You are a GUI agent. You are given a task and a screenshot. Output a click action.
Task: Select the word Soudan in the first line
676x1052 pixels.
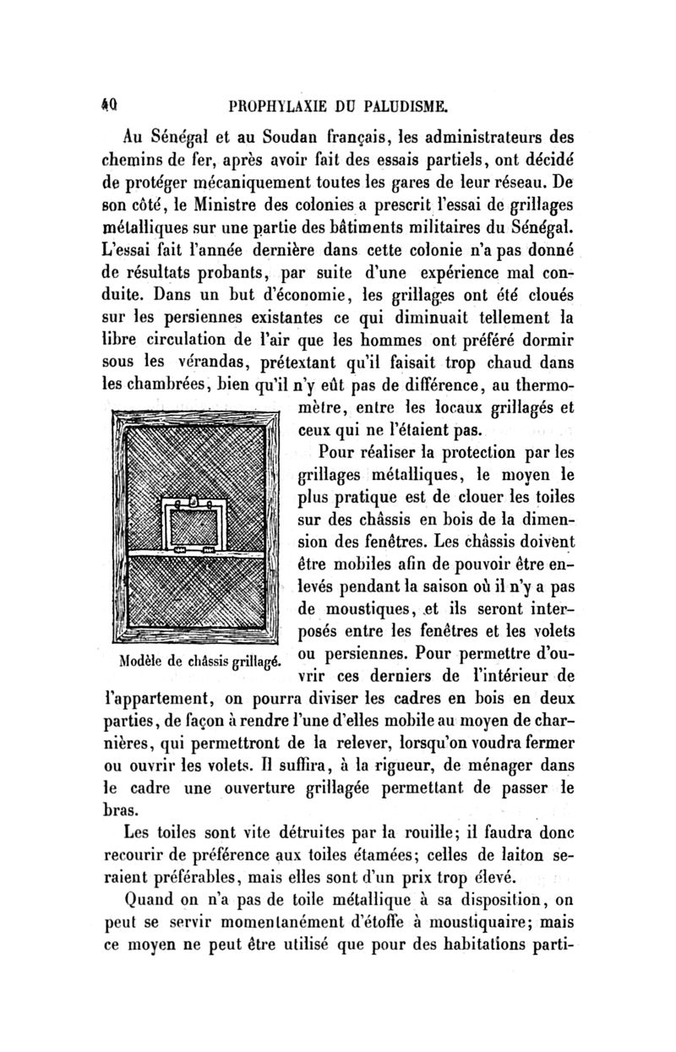306,136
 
